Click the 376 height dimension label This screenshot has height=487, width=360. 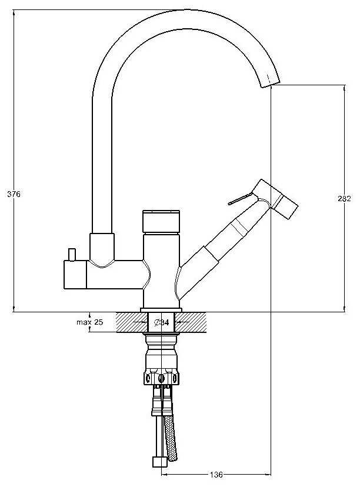(x=14, y=194)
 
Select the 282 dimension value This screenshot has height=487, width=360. (x=345, y=199)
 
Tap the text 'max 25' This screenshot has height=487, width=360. (x=89, y=322)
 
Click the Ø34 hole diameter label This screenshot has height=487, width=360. (x=161, y=322)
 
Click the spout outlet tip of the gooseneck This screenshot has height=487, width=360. (x=269, y=82)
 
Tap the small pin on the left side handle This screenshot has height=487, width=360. (x=72, y=254)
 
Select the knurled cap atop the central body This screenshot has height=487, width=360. (x=161, y=221)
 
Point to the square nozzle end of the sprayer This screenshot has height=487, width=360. (x=287, y=206)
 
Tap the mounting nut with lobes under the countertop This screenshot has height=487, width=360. (x=161, y=376)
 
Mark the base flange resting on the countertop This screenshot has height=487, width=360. (x=161, y=310)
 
